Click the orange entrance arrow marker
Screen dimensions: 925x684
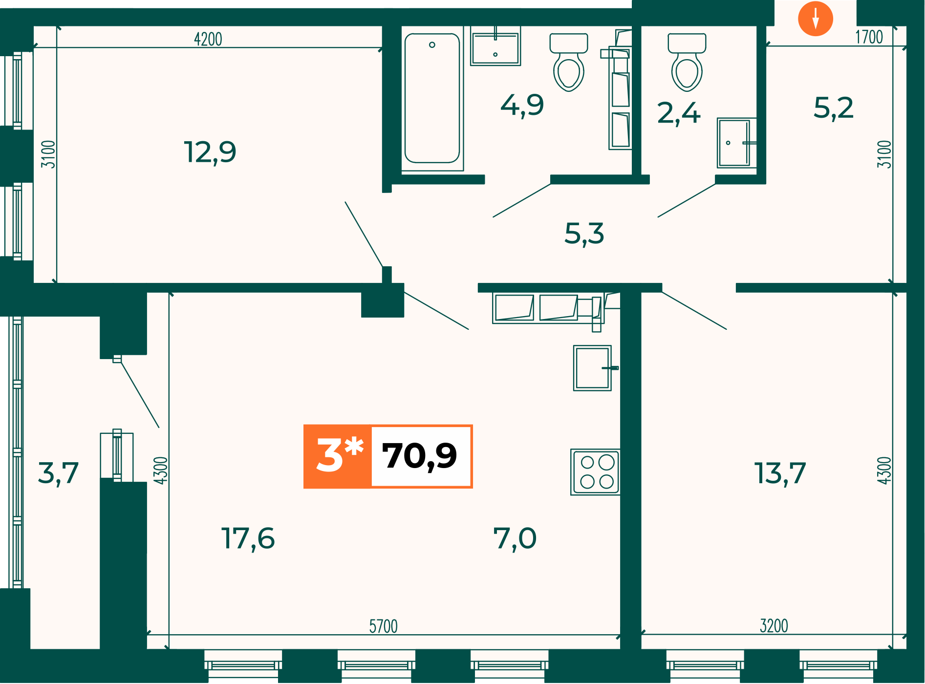point(815,19)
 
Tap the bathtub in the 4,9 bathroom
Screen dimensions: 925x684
point(432,98)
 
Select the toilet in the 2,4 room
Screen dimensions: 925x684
point(687,62)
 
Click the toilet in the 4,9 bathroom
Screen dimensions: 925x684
point(569,62)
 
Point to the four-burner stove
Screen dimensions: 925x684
point(596,472)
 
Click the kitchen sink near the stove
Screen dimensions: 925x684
point(593,368)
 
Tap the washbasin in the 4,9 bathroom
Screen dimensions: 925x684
point(495,46)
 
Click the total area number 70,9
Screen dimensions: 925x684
point(419,456)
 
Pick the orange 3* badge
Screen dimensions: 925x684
point(338,456)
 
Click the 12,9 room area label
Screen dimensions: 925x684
point(210,152)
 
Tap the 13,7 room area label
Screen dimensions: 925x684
point(780,473)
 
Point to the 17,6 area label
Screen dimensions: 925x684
point(248,538)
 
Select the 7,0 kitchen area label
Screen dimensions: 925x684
point(515,538)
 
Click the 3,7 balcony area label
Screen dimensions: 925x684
point(58,473)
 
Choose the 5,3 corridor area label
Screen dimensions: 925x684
point(584,234)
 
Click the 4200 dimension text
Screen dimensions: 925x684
point(208,39)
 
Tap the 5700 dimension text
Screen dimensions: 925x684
point(384,626)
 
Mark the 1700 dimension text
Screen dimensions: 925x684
point(869,37)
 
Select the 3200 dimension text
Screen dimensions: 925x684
point(774,626)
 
